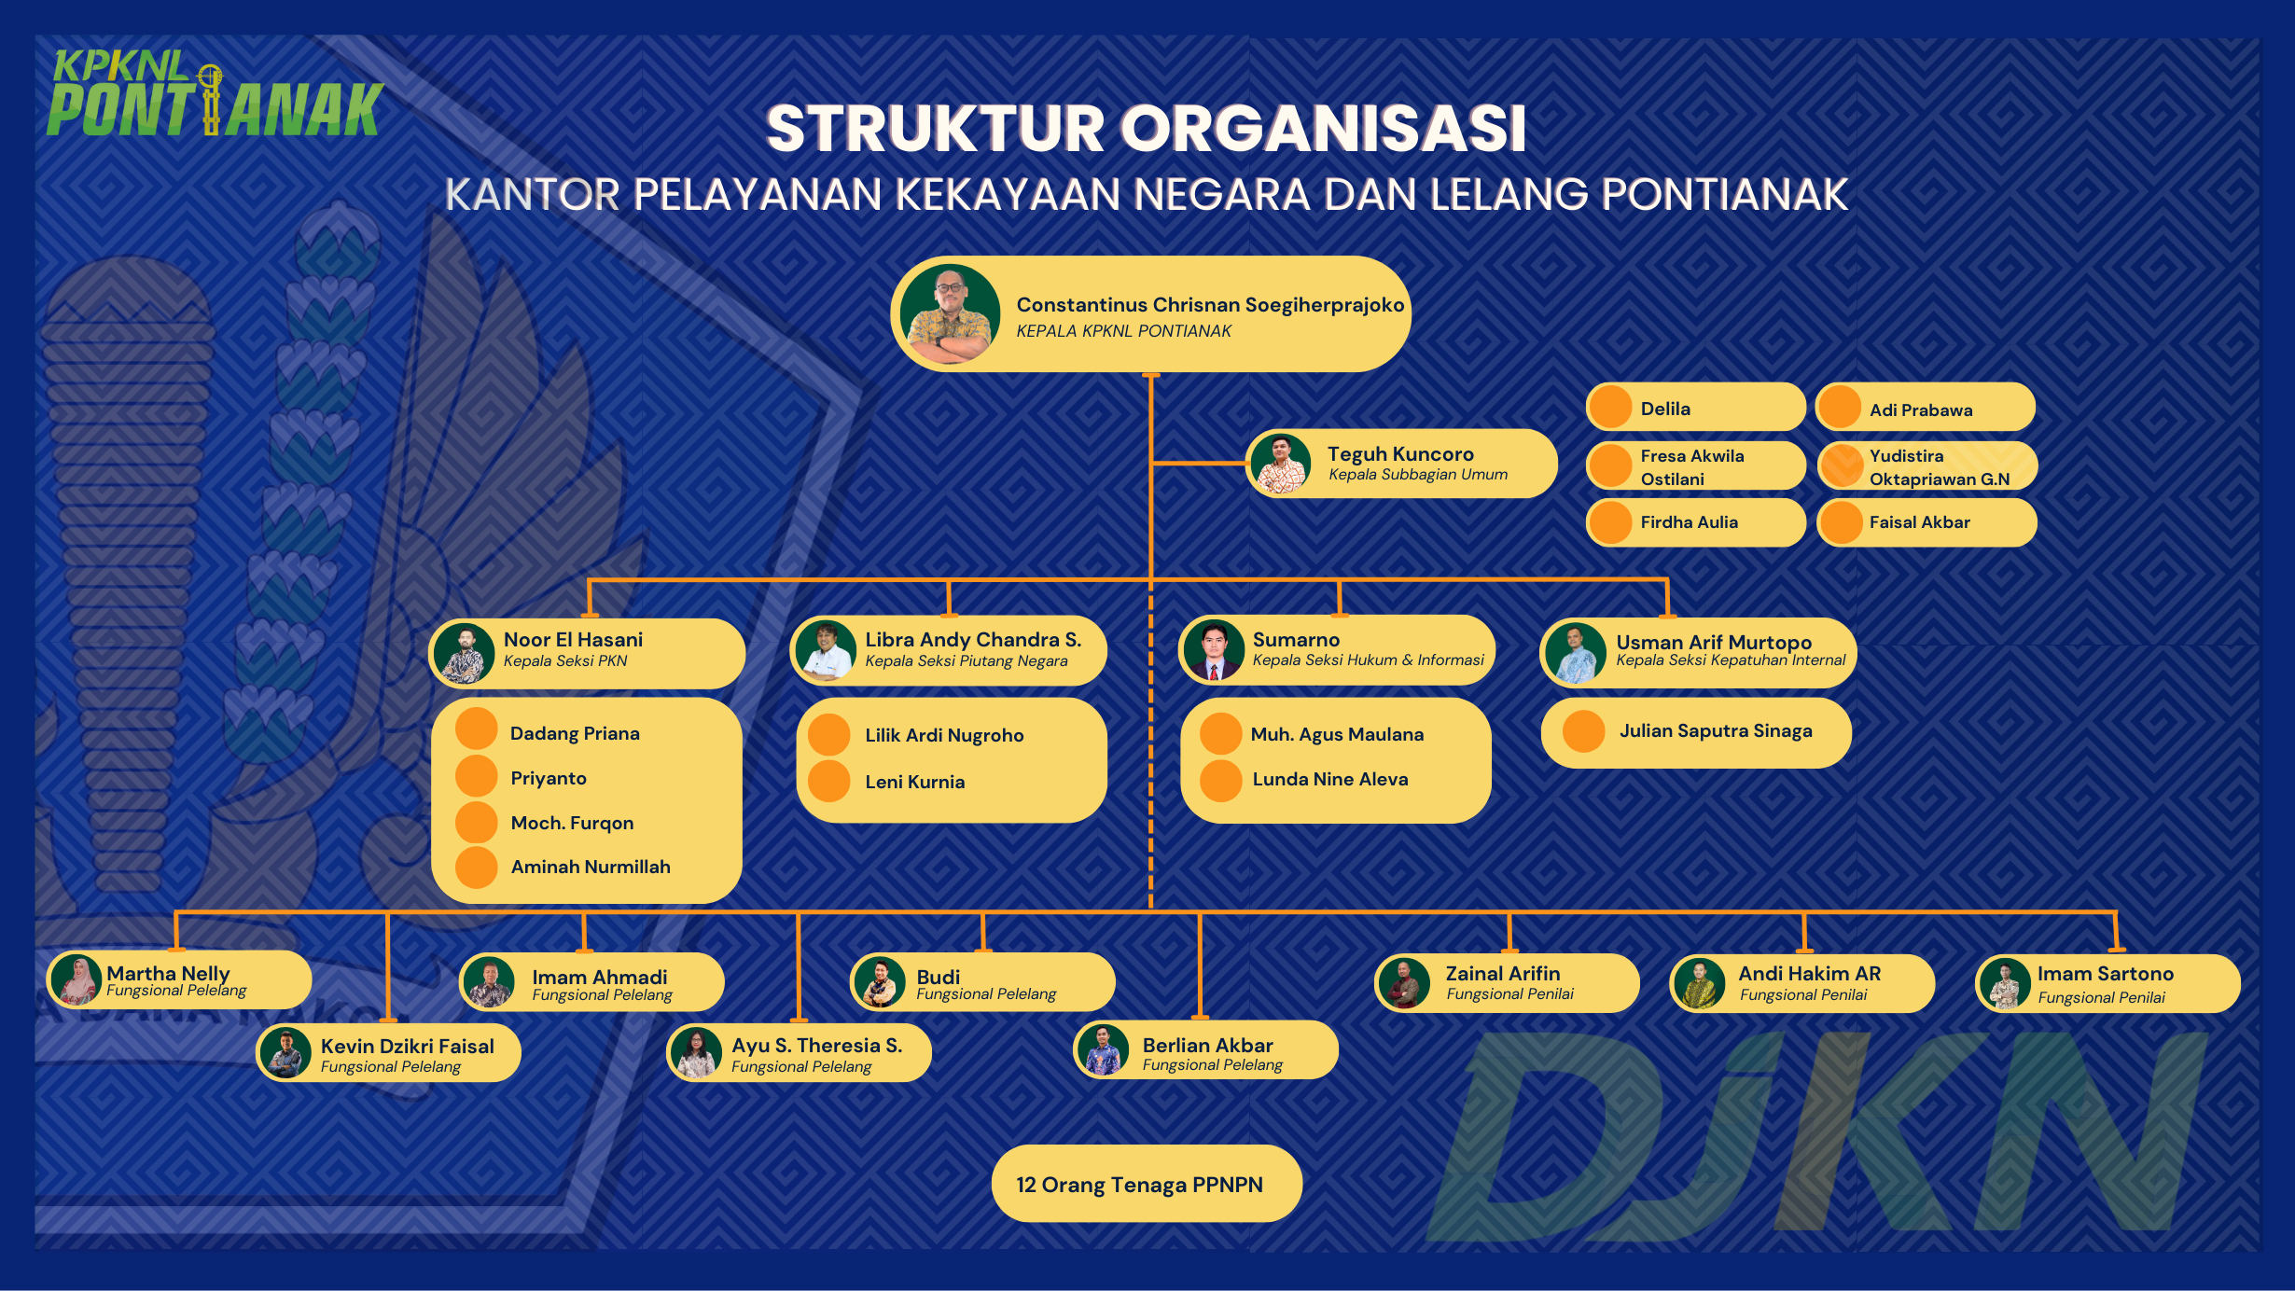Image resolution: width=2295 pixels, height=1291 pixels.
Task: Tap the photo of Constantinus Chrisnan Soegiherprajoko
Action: coord(950,314)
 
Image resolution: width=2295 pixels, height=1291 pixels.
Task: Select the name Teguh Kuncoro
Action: coord(1400,454)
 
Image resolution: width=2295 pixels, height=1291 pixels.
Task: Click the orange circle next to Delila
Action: coord(1610,408)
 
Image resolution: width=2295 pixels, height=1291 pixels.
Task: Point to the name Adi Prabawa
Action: coord(1920,410)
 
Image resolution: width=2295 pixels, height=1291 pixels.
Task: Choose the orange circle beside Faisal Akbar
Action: coord(1841,522)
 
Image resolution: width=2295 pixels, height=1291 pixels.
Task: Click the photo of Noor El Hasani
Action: coord(464,653)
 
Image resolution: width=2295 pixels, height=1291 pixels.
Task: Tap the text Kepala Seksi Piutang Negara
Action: coord(966,661)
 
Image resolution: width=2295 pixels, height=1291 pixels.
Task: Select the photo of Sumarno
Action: coord(1213,650)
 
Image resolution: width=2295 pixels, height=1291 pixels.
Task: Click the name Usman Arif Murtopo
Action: coord(1713,643)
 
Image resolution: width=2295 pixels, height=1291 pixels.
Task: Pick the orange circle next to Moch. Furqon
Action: coord(477,823)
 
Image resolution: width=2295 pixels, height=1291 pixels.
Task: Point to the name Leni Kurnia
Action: coord(914,783)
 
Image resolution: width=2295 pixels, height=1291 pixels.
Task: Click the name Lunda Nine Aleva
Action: coord(1329,780)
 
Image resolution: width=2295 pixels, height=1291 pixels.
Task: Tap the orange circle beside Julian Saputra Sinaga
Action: coord(1583,731)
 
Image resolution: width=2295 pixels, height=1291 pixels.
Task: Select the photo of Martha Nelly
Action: coord(77,979)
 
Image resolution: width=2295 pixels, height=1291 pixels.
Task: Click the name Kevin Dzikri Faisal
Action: coord(407,1047)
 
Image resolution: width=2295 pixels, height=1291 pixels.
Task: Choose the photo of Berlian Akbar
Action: coord(1104,1050)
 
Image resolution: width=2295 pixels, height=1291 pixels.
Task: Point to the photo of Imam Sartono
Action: coord(2004,984)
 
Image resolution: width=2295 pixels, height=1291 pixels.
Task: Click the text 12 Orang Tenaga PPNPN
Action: coord(1139,1185)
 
